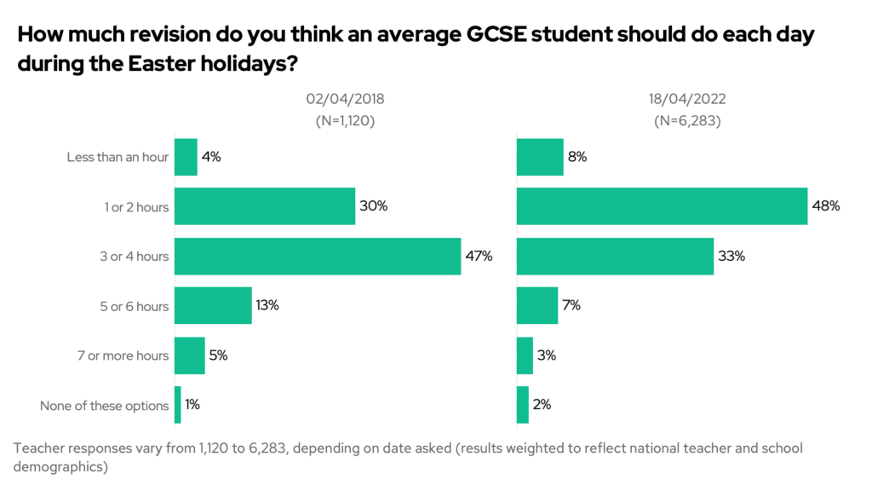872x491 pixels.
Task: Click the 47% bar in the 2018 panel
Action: (318, 256)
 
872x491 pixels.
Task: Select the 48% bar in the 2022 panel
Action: (662, 206)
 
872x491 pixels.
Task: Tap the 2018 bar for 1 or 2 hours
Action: (265, 206)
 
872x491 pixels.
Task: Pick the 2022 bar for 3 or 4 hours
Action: (615, 256)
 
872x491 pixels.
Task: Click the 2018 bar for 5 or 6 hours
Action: (213, 305)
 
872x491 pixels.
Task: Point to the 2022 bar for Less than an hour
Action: (540, 157)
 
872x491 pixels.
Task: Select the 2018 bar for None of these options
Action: (178, 405)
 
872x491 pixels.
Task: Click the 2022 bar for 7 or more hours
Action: (525, 355)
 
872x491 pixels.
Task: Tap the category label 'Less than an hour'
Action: (118, 158)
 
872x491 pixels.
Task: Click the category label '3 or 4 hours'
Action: (135, 257)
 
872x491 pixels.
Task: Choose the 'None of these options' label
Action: (104, 406)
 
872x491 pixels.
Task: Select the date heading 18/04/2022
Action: (687, 99)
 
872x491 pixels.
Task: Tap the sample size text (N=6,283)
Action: (687, 121)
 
